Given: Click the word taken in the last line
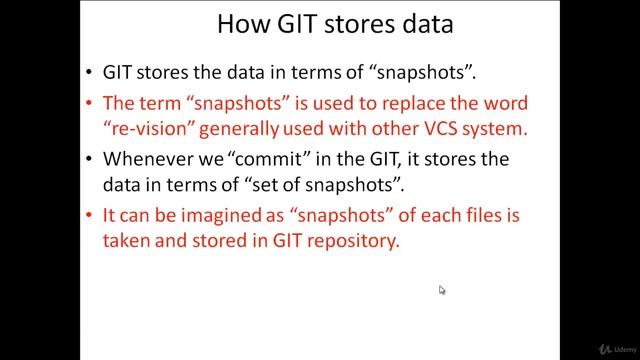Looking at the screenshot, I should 126,239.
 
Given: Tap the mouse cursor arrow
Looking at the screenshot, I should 442,290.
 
